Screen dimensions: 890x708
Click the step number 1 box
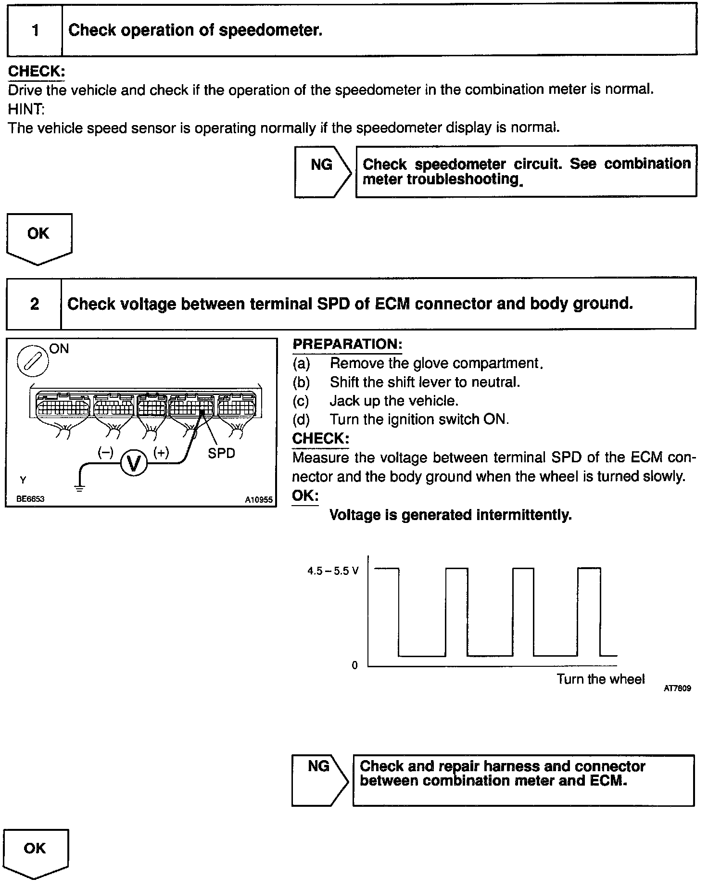[35, 31]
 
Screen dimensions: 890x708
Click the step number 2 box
[34, 304]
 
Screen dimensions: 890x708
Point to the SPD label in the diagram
[221, 453]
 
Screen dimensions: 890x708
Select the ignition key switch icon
[32, 361]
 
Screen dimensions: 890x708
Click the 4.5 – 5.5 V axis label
[333, 571]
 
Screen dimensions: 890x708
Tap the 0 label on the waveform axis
[355, 665]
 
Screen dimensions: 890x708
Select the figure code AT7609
[677, 688]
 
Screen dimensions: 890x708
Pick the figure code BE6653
[30, 499]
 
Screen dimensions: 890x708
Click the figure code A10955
[259, 499]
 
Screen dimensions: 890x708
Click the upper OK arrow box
[39, 238]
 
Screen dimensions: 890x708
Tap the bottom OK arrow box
[36, 853]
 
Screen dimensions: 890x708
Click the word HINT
[26, 109]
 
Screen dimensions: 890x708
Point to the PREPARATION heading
[347, 344]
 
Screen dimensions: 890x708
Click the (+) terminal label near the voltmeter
[161, 452]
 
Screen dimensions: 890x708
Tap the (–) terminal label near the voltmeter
[105, 452]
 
